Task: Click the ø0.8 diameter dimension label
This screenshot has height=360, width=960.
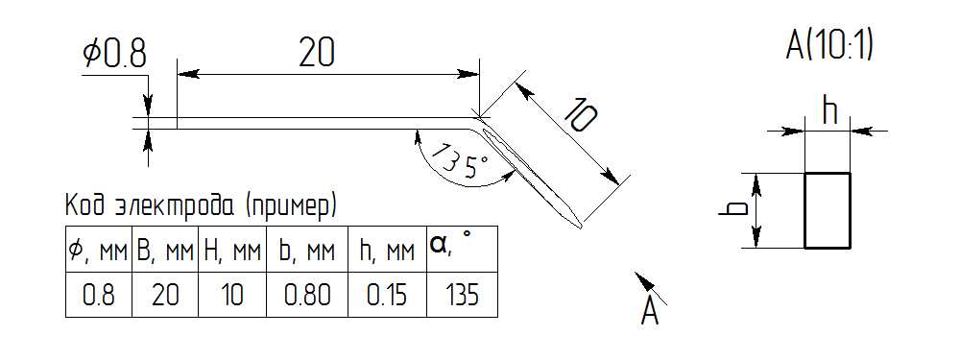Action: pyautogui.click(x=114, y=55)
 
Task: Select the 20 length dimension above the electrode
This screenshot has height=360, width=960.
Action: pyautogui.click(x=317, y=54)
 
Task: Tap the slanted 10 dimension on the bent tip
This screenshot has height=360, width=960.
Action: pyautogui.click(x=578, y=114)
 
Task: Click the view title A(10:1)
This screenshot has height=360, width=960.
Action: pyautogui.click(x=828, y=46)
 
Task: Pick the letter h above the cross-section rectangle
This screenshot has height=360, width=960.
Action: pyautogui.click(x=829, y=111)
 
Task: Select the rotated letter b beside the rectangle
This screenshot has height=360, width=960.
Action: pyautogui.click(x=732, y=208)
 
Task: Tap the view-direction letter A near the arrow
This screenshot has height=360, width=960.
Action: pyautogui.click(x=649, y=313)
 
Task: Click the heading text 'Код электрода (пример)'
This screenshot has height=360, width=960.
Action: pyautogui.click(x=201, y=207)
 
